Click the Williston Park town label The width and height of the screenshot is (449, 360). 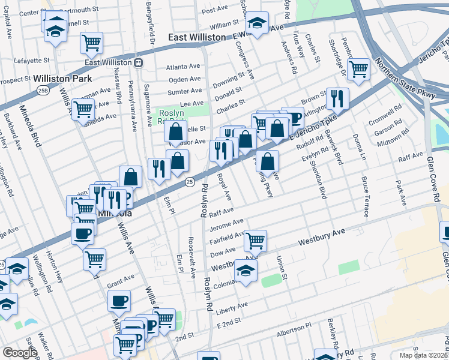62,79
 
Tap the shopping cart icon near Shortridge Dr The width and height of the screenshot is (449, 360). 358,68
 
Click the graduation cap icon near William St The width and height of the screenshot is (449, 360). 258,23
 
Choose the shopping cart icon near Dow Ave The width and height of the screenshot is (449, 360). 256,241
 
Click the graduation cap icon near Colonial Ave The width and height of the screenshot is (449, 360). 245,270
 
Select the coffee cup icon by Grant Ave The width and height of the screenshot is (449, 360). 119,300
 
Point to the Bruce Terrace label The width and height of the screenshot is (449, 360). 364,196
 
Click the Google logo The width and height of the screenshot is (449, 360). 20,353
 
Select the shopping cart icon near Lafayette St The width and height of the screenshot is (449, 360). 91,42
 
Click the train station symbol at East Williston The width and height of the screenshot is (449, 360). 138,62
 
